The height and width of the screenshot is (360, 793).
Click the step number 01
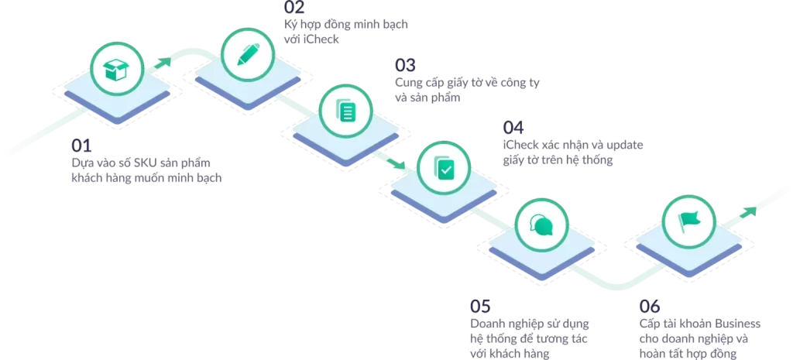click(81, 146)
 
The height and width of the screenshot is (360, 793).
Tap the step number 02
click(294, 7)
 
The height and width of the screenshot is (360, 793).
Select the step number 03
click(405, 65)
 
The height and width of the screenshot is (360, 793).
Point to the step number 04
click(513, 127)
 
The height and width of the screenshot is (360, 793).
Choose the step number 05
click(480, 307)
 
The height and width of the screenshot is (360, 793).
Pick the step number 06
click(650, 307)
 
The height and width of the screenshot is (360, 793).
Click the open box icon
click(116, 70)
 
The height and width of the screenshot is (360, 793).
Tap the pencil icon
click(248, 55)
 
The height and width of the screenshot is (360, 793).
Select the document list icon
click(346, 110)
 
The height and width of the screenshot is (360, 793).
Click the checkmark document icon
click(444, 168)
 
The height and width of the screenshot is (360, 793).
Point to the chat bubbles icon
click(541, 225)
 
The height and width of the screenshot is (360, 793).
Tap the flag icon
click(688, 221)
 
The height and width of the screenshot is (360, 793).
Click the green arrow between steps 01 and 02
click(163, 63)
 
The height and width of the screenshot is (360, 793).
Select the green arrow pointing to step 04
click(395, 163)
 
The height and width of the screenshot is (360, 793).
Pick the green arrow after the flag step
click(747, 212)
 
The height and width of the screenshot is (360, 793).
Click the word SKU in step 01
click(144, 164)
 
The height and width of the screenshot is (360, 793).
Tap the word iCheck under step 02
click(321, 39)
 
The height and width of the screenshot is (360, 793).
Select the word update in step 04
click(625, 145)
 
